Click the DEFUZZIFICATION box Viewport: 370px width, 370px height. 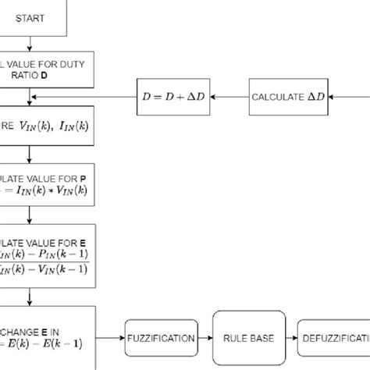coord(333,339)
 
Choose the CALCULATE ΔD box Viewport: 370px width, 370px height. coord(289,97)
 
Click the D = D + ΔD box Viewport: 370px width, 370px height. coord(176,97)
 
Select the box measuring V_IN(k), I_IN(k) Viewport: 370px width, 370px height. coord(47,125)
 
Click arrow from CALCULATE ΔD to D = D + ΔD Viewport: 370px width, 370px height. coord(232,97)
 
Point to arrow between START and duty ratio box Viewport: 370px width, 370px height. coord(30,45)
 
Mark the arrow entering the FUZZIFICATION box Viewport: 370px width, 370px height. coord(109,339)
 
